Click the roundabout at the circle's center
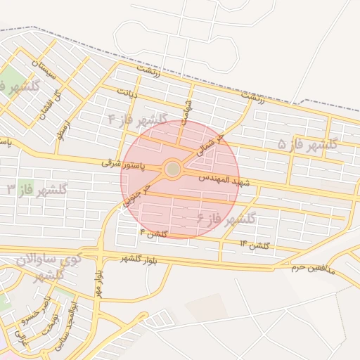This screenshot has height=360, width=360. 173,169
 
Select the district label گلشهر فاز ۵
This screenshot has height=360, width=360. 308,145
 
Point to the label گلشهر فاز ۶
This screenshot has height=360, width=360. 226,219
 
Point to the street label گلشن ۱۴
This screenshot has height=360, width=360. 255,244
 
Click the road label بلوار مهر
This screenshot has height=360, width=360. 99,281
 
